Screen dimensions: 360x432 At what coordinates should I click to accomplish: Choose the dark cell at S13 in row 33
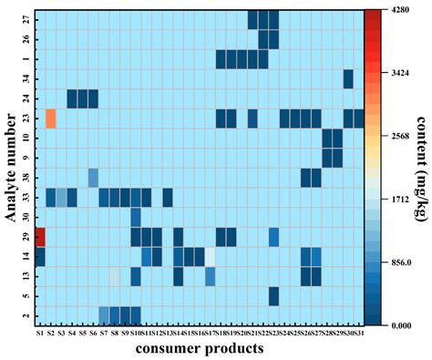click(x=168, y=197)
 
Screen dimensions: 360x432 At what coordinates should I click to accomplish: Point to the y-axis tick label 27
click(x=26, y=19)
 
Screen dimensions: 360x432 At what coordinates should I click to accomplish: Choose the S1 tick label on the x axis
click(x=40, y=334)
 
